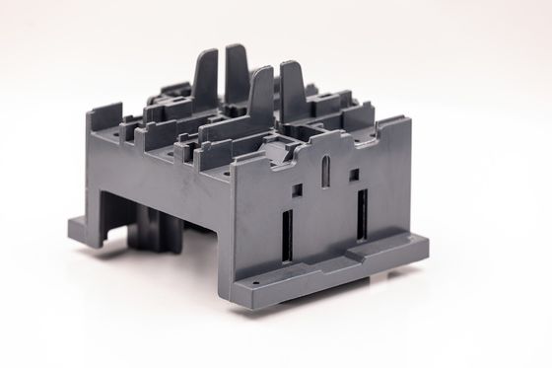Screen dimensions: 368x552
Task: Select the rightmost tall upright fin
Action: (x=293, y=94)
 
